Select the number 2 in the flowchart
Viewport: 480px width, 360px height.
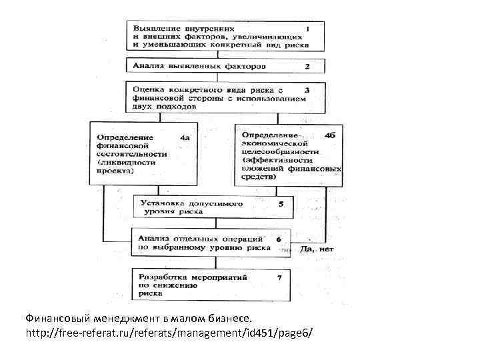(307, 67)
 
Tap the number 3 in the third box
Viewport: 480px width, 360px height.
(307, 89)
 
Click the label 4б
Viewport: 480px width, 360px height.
(329, 135)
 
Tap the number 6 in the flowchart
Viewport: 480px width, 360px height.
(278, 238)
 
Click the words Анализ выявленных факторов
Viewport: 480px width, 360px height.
(199, 67)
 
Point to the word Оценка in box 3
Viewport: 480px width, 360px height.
(149, 89)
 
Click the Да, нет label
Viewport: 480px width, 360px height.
(317, 249)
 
